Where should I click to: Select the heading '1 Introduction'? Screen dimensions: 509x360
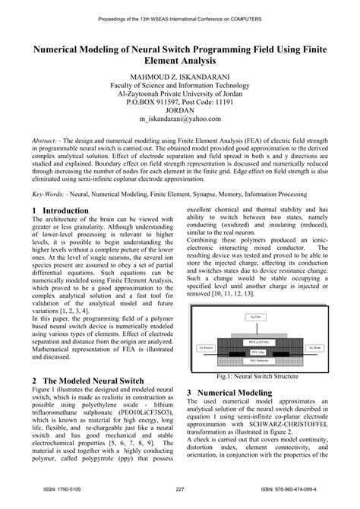pos(62,210)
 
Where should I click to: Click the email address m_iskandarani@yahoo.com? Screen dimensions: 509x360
pos(179,119)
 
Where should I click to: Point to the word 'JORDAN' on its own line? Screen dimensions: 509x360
pos(179,109)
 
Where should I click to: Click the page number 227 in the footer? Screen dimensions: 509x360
pos(180,488)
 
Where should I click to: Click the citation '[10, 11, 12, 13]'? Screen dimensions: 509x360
pos(245,292)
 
